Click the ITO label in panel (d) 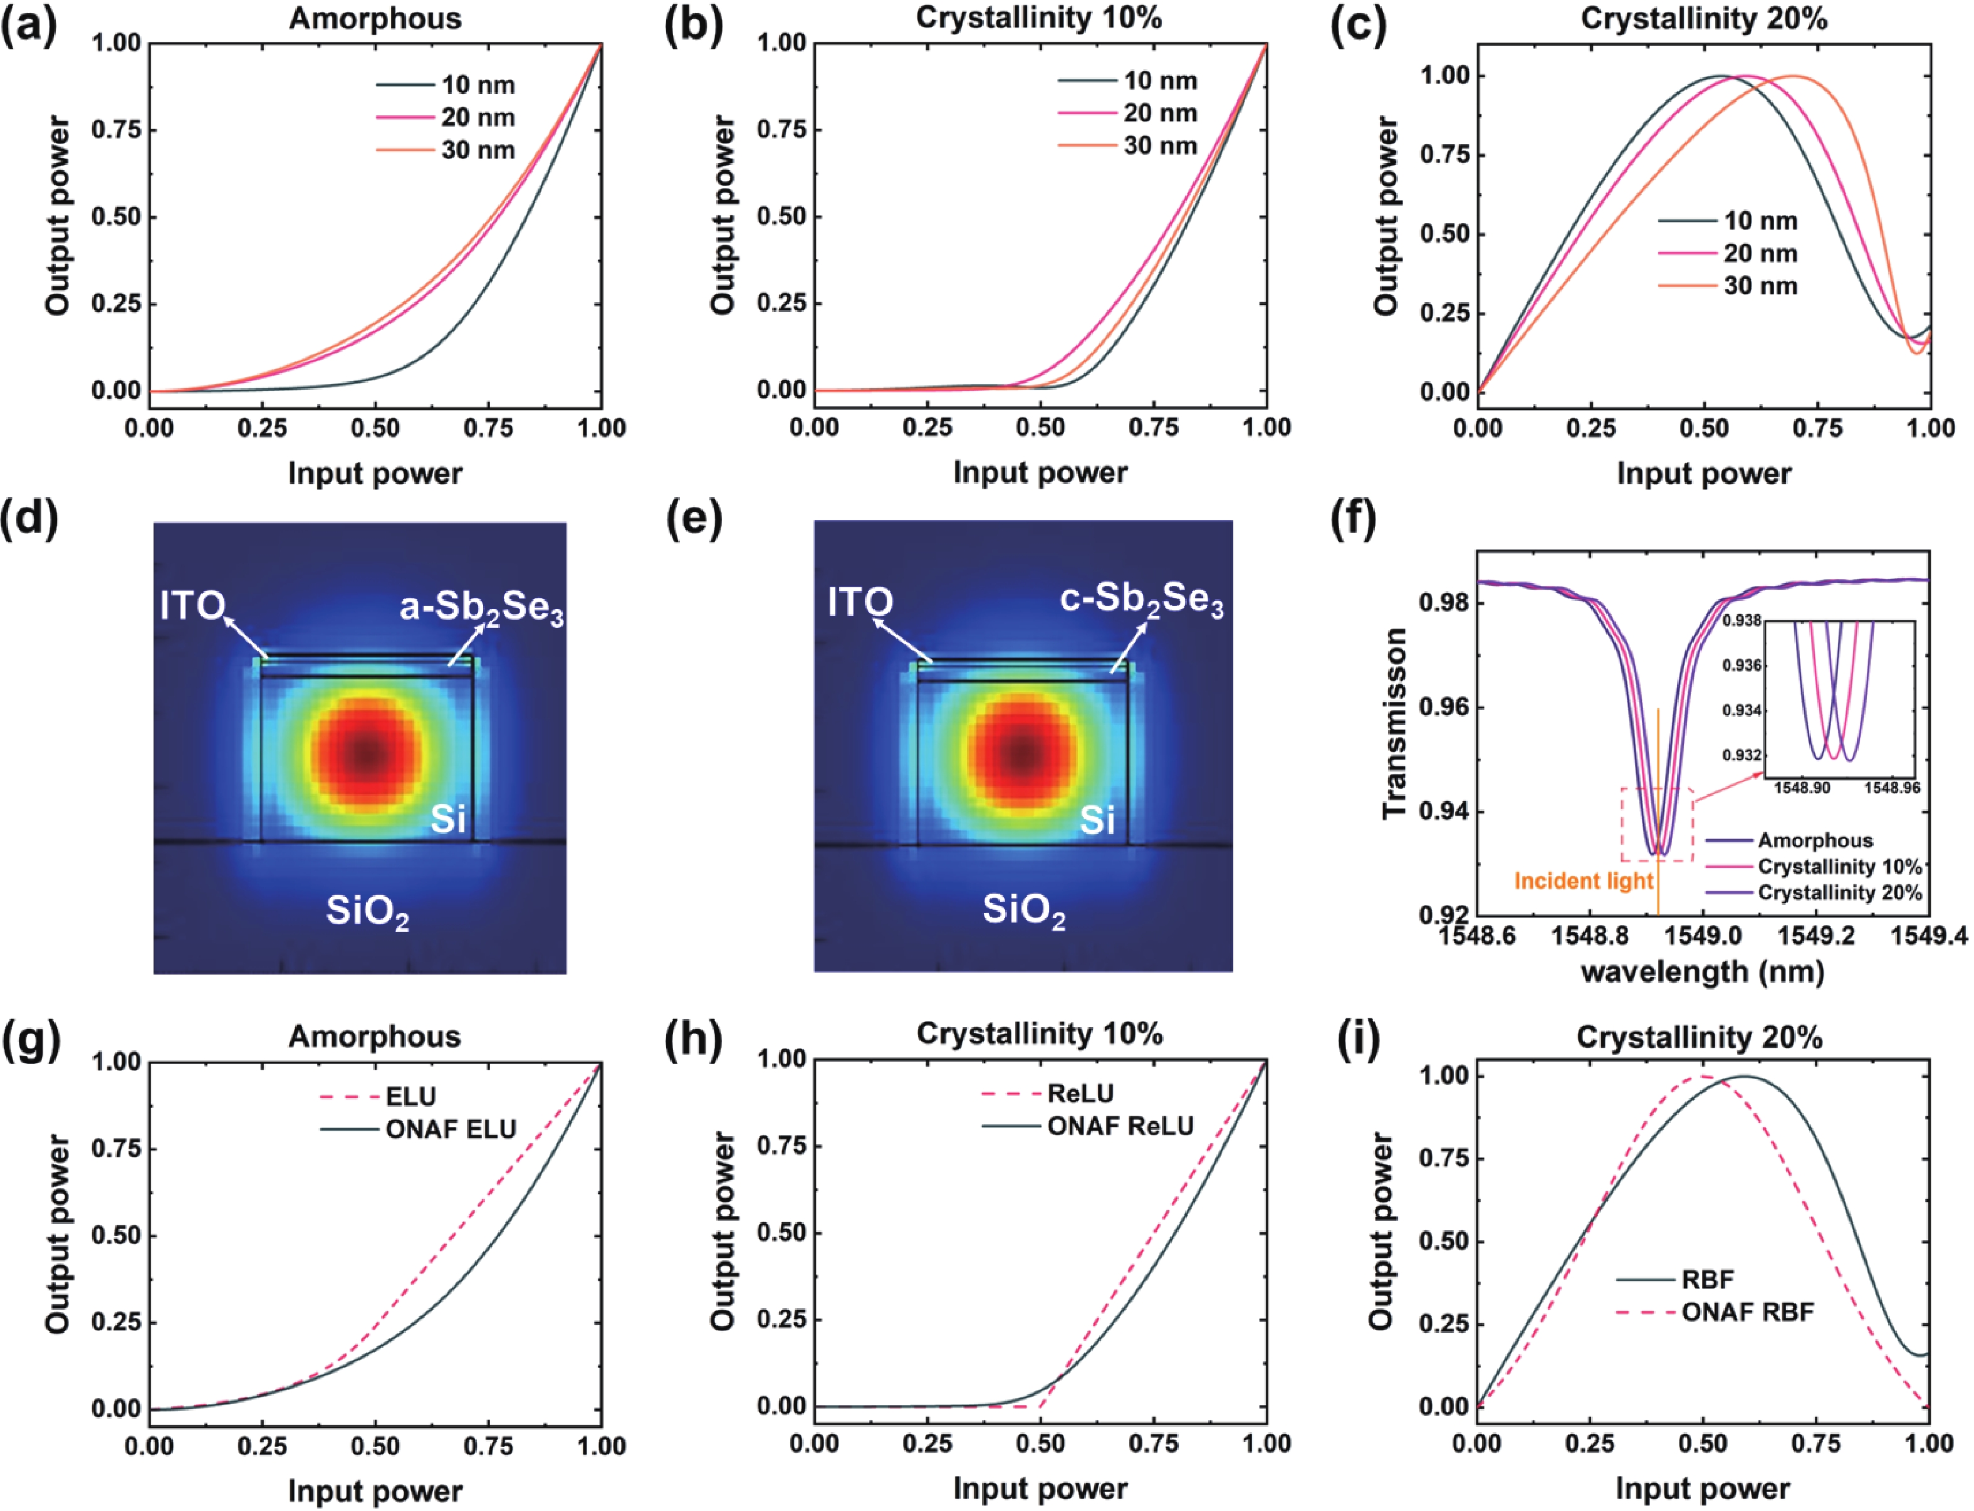pos(192,605)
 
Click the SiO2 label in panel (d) pos(367,913)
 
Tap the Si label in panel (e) pos(1097,819)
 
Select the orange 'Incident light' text pos(1584,881)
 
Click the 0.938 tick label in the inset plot pos(1742,620)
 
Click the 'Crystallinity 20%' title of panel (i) pos(1699,1037)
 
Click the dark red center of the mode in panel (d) pos(365,754)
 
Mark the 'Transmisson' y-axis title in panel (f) pos(1395,724)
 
